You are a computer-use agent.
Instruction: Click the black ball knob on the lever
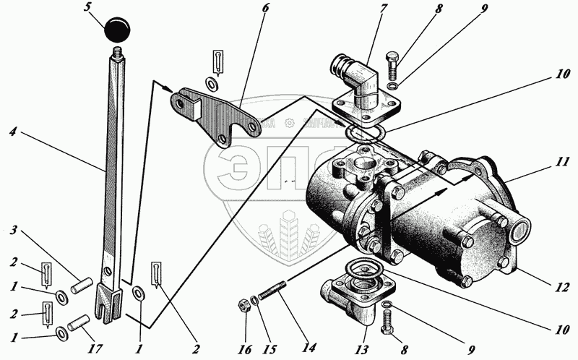[118, 30]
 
